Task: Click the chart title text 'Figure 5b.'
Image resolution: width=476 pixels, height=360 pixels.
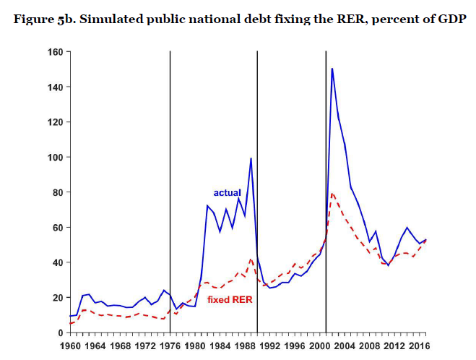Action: tap(43, 19)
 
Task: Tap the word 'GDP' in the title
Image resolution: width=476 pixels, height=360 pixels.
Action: tap(450, 19)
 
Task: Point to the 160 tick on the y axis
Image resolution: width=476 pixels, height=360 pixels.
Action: tap(54, 52)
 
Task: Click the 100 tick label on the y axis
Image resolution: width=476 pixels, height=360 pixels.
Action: tap(54, 158)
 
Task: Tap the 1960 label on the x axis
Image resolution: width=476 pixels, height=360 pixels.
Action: tap(70, 346)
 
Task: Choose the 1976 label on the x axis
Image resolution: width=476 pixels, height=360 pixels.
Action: tap(170, 346)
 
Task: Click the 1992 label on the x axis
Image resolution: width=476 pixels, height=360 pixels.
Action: tap(270, 346)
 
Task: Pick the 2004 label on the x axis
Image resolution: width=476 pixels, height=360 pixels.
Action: tap(345, 346)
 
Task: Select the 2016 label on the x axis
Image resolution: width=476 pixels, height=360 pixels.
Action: tap(420, 346)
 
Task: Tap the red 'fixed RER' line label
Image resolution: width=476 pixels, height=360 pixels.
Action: tap(230, 299)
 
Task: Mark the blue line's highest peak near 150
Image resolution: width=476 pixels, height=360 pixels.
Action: tap(332, 69)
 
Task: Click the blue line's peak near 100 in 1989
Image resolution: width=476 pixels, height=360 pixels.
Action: tap(251, 158)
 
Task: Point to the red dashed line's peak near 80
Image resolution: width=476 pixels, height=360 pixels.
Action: tap(332, 193)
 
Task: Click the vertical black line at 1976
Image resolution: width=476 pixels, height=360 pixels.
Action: tap(170, 181)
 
